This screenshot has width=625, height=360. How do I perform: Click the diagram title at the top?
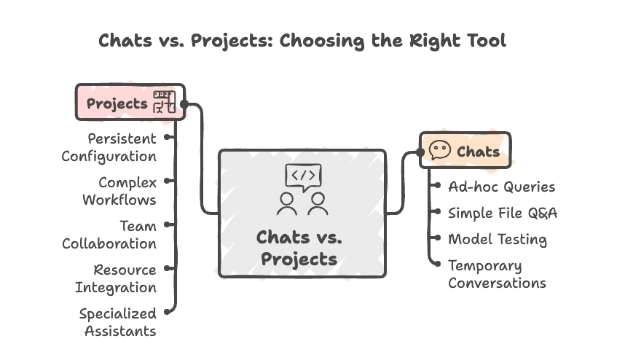click(302, 41)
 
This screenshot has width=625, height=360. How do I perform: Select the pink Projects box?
click(130, 102)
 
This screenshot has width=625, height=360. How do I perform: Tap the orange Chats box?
click(465, 151)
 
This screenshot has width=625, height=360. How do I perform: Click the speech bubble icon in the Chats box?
click(439, 151)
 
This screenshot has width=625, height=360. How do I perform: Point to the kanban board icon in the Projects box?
click(164, 103)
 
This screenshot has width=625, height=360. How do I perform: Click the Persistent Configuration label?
click(109, 146)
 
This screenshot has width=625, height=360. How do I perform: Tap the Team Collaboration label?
click(109, 235)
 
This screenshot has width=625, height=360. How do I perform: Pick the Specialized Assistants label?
click(117, 321)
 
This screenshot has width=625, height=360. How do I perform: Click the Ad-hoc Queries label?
click(501, 187)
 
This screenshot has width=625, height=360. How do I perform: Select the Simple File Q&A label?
click(503, 213)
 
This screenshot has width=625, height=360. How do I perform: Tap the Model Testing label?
click(497, 239)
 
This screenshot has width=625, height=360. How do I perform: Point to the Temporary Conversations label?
click(497, 274)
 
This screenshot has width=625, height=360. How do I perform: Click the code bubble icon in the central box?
click(302, 177)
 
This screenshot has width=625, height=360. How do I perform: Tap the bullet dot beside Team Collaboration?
click(170, 226)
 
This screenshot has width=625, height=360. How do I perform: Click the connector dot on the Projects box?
click(184, 104)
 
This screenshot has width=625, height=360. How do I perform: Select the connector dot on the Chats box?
click(420, 152)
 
